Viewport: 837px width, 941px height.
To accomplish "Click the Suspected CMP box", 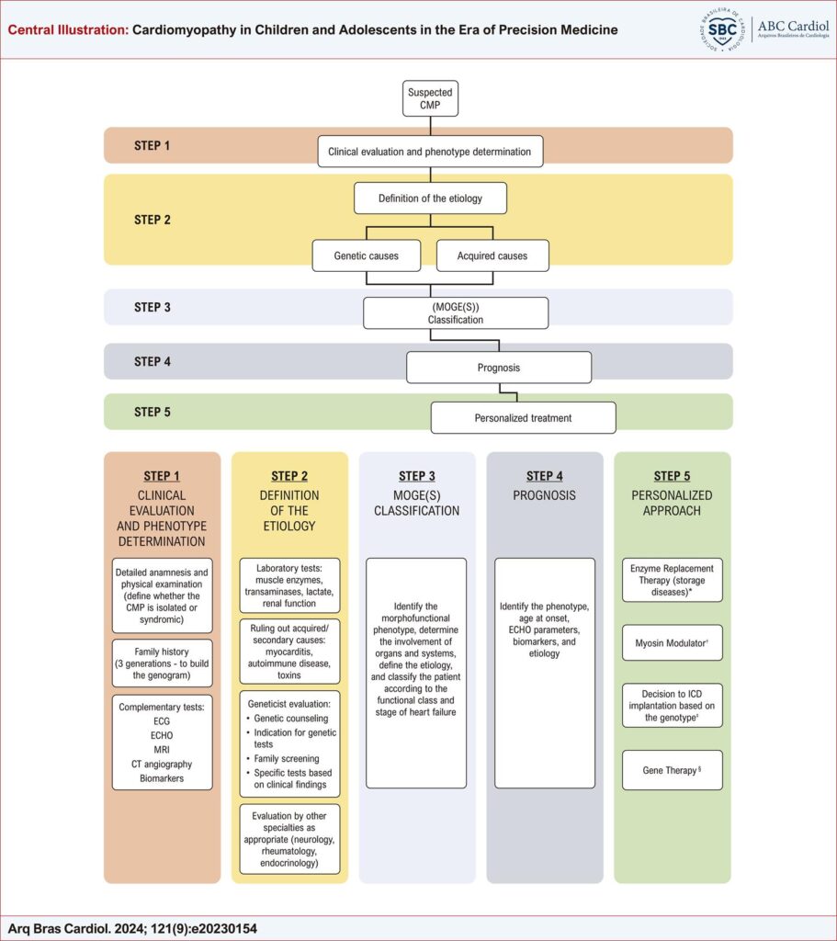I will point(430,98).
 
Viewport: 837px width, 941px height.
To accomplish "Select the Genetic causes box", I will point(368,255).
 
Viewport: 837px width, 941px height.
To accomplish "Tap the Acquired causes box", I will point(492,255).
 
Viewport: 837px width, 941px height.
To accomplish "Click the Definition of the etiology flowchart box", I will point(430,198).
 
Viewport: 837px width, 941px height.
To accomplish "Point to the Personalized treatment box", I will point(523,418).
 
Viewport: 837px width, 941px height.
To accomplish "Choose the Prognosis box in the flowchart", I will point(499,368).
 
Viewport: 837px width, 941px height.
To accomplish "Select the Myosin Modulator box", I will point(673,643).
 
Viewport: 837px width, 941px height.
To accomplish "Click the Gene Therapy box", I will point(673,770).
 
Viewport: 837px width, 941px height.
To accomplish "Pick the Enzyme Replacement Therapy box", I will point(673,580).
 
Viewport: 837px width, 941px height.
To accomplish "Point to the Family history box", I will point(163,663).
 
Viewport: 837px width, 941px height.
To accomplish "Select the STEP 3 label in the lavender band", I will point(153,307).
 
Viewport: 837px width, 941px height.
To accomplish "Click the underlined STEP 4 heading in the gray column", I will point(545,476).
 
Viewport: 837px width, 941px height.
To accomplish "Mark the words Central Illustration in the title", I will point(67,30).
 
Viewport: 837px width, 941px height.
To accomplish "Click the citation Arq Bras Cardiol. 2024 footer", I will point(132,929).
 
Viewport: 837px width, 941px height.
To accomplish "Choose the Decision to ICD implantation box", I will point(673,705).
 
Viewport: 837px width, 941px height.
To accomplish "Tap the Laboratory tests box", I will point(289,584).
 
